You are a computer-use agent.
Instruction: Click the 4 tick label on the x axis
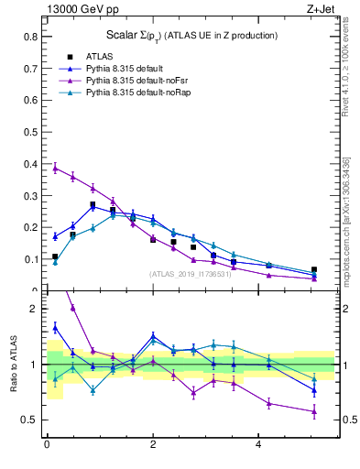[258, 446]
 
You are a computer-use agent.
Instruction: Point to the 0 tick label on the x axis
[47, 446]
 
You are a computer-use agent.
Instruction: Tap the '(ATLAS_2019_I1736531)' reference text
[189, 274]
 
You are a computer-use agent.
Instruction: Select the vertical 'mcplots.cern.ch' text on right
[346, 220]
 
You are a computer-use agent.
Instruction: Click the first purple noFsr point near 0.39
[55, 168]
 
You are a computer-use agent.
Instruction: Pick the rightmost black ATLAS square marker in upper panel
[314, 270]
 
